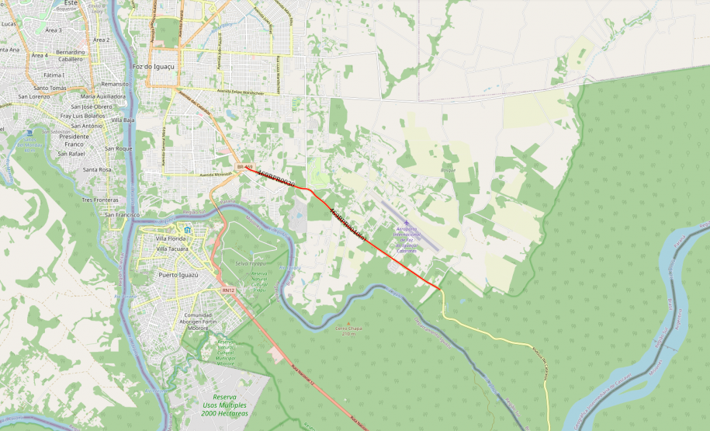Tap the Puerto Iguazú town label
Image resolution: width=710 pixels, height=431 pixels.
(178, 275)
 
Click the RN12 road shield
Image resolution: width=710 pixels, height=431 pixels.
(227, 290)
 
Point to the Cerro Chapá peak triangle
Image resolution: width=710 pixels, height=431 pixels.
(348, 323)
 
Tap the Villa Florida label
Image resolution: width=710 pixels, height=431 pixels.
(172, 238)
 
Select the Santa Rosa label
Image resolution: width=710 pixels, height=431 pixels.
(98, 169)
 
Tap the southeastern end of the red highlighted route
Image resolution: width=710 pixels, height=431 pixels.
(441, 290)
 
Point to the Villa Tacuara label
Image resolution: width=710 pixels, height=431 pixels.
(173, 249)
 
